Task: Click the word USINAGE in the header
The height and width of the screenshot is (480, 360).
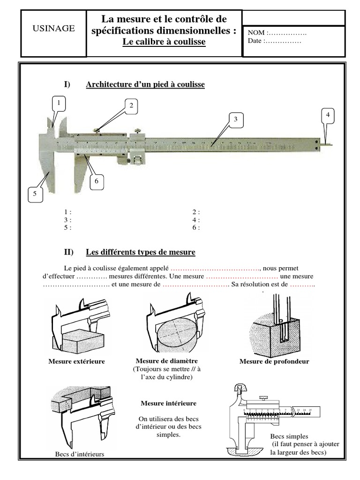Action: (x=53, y=28)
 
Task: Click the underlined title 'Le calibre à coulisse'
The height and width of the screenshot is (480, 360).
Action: (x=164, y=42)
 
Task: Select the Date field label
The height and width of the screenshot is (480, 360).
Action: (x=256, y=41)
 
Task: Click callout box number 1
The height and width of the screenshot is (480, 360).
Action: (x=59, y=103)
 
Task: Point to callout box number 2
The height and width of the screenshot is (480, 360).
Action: (x=132, y=106)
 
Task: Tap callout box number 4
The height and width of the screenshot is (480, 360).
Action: (x=328, y=115)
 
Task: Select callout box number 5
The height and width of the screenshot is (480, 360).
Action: (x=35, y=193)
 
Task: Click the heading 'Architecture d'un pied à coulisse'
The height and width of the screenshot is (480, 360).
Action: (x=145, y=84)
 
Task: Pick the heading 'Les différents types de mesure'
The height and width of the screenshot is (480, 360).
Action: (x=141, y=252)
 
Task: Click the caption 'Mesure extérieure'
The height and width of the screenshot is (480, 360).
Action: (x=76, y=361)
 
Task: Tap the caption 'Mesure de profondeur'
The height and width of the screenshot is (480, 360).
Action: (x=274, y=361)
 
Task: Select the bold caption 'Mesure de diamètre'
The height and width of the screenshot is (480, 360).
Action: (x=166, y=360)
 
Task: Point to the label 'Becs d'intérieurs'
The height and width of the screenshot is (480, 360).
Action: (x=80, y=454)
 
